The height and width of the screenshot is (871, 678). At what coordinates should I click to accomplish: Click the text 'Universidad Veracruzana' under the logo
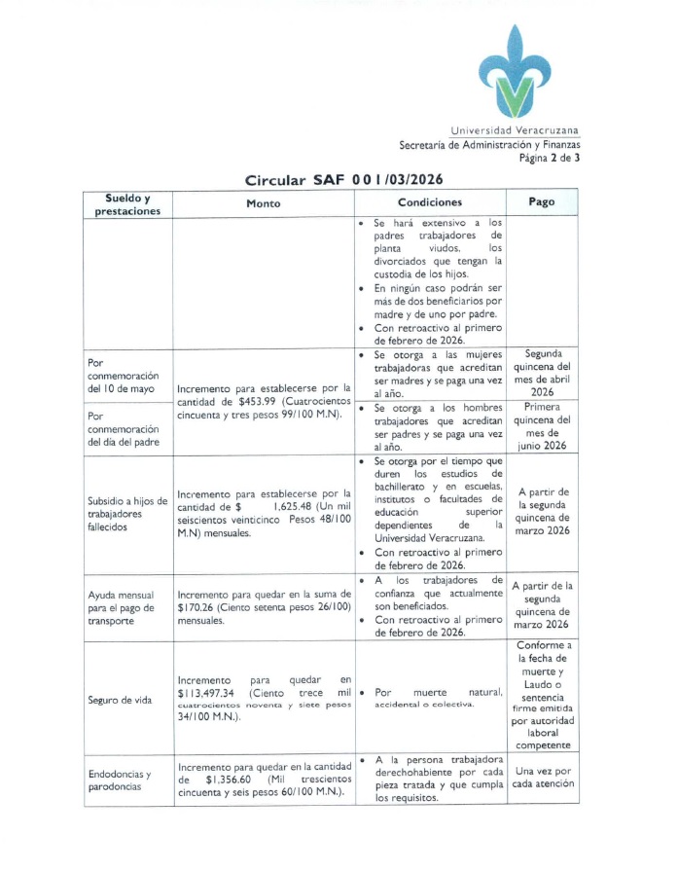[515, 130]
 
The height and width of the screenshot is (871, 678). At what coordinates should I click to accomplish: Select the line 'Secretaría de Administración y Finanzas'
[489, 144]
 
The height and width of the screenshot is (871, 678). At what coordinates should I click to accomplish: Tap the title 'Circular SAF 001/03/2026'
[346, 180]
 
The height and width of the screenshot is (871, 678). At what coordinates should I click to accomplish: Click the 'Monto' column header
[263, 203]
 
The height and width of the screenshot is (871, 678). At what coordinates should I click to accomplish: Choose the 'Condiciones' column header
[429, 202]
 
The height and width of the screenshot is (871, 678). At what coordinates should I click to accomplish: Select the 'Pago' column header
[541, 202]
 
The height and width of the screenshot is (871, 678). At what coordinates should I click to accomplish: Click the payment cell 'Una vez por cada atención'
[541, 777]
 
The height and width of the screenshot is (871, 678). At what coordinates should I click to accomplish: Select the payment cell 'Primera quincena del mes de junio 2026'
[541, 426]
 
